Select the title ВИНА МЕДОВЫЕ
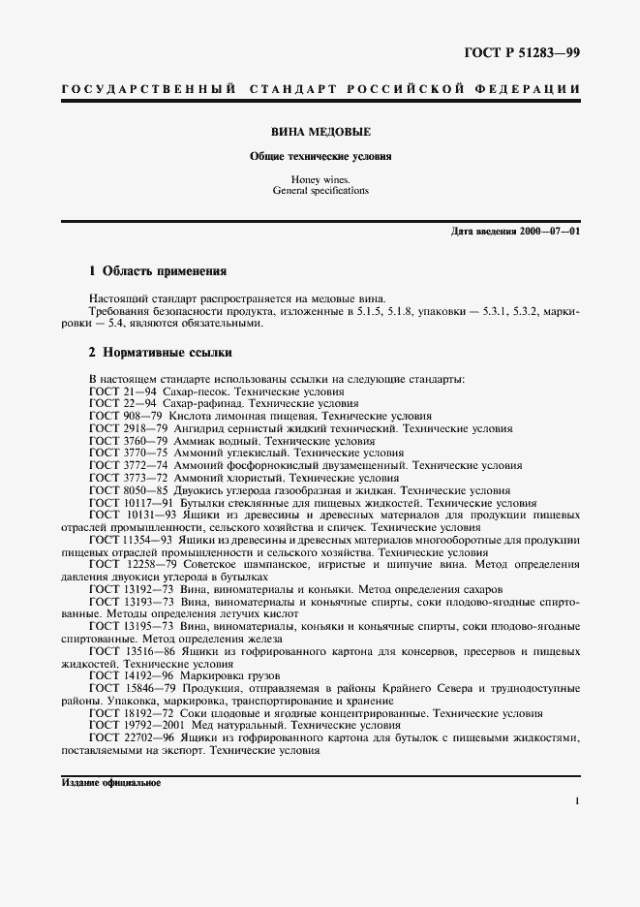[320, 131]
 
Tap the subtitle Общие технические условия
[320, 155]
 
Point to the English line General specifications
[320, 191]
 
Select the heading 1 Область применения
[157, 271]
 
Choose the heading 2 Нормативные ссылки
[160, 353]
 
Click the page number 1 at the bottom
[576, 801]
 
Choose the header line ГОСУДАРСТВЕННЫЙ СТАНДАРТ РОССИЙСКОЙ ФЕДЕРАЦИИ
[320, 89]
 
